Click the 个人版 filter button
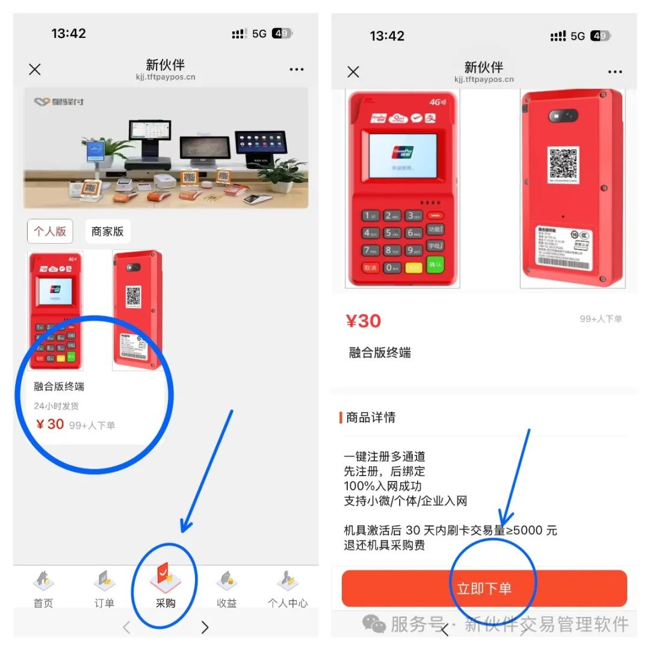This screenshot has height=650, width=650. [x=50, y=231]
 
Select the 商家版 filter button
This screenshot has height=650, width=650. [x=107, y=231]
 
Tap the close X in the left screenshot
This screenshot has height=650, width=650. [x=35, y=69]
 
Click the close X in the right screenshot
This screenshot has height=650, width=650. [x=353, y=72]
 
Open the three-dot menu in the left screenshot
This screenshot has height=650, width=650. [x=297, y=70]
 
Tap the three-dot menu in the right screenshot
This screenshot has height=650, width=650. [x=615, y=72]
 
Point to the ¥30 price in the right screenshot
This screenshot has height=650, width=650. [x=364, y=321]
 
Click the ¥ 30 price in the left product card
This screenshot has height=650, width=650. [x=50, y=424]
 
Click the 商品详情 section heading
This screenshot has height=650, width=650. [x=371, y=418]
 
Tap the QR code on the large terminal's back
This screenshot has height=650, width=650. [x=564, y=163]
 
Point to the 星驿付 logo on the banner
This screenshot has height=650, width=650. [x=59, y=102]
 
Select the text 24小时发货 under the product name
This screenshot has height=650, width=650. [x=56, y=406]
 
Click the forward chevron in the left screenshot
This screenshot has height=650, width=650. [x=205, y=627]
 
